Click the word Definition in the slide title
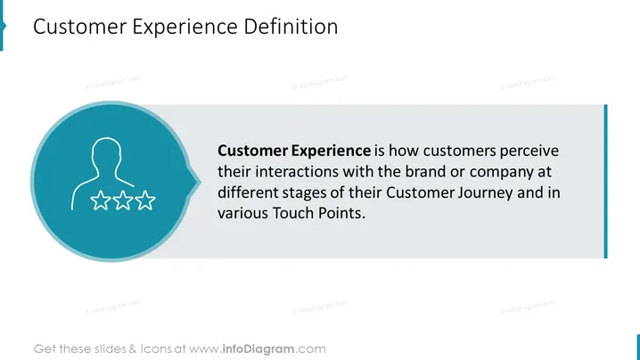click(x=291, y=27)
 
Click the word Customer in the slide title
click(x=80, y=27)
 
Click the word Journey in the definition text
click(x=485, y=193)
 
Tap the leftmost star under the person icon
click(x=101, y=200)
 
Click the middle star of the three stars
click(x=123, y=200)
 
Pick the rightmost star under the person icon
click(x=145, y=200)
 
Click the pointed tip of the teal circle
click(x=201, y=182)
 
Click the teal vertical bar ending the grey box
click(x=606, y=181)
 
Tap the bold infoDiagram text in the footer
click(x=258, y=349)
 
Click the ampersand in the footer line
click(x=133, y=349)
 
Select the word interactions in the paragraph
click(x=297, y=171)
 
